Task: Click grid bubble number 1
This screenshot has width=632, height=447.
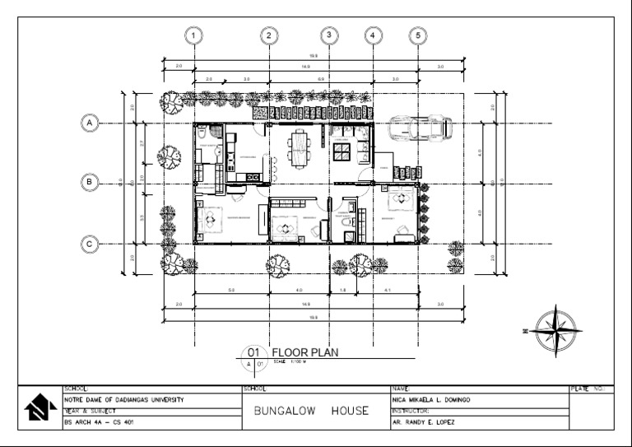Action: tap(193, 35)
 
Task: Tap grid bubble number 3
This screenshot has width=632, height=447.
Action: tap(329, 35)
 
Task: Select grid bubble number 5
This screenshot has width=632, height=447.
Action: tap(419, 35)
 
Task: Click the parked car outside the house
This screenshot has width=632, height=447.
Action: tap(420, 128)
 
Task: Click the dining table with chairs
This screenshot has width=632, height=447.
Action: tap(298, 147)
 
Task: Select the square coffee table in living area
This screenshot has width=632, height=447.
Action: tap(342, 151)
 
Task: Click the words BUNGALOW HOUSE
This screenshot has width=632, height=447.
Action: tap(310, 410)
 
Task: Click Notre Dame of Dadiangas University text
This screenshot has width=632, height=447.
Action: tap(123, 400)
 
